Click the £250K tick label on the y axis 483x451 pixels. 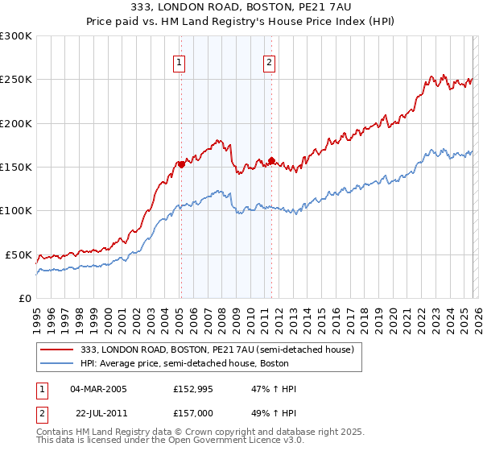(x=16, y=80)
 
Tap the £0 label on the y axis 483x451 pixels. (x=25, y=298)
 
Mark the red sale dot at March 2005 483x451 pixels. (x=181, y=164)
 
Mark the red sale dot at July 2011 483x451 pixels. (x=272, y=160)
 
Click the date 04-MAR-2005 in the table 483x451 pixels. (x=98, y=389)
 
